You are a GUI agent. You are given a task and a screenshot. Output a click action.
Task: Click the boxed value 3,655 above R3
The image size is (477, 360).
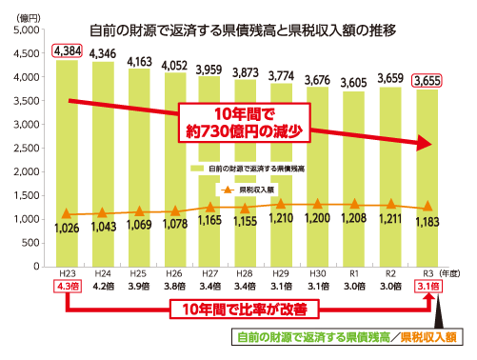(427, 80)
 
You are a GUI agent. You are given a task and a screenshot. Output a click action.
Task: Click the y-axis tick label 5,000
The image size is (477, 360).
(31, 31)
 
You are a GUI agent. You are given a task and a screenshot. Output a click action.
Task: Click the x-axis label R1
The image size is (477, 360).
(355, 271)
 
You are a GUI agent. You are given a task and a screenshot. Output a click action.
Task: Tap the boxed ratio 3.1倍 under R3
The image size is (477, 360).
(427, 285)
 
